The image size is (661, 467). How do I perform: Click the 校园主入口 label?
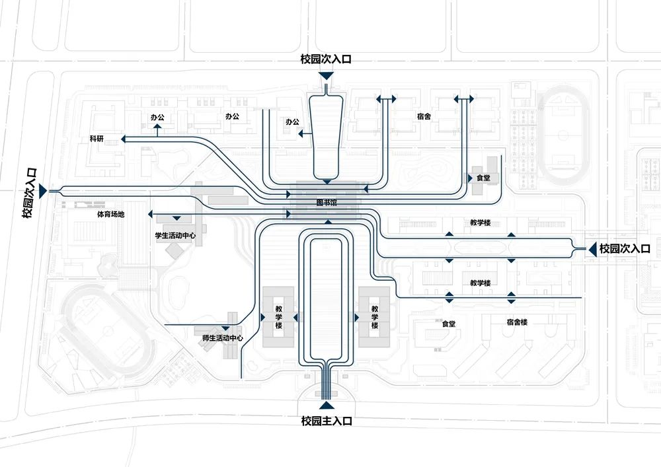click(x=327, y=421)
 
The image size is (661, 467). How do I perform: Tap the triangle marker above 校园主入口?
click(x=327, y=405)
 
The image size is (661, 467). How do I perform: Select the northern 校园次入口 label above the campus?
click(x=326, y=59)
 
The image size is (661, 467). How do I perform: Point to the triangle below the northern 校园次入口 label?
click(x=326, y=76)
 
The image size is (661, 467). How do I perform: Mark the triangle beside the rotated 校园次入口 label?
click(x=43, y=191)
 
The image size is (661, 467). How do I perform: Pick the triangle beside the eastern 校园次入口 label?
click(x=592, y=249)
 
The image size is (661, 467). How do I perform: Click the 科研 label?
click(x=97, y=139)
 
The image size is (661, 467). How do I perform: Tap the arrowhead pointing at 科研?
click(x=123, y=139)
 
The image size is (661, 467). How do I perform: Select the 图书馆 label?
click(x=327, y=203)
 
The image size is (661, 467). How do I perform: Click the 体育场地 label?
click(x=111, y=214)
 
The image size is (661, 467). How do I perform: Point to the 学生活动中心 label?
click(x=175, y=235)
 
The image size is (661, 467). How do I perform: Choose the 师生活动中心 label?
click(x=223, y=338)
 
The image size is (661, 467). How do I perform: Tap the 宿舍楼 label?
click(x=518, y=322)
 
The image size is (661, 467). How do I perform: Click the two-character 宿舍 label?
click(x=424, y=116)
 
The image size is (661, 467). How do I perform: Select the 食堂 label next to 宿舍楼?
click(x=449, y=324)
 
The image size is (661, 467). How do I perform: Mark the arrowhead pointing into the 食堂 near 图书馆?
click(x=470, y=178)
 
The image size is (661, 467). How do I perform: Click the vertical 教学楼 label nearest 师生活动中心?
click(x=279, y=317)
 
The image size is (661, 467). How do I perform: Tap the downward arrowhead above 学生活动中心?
click(x=176, y=218)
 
